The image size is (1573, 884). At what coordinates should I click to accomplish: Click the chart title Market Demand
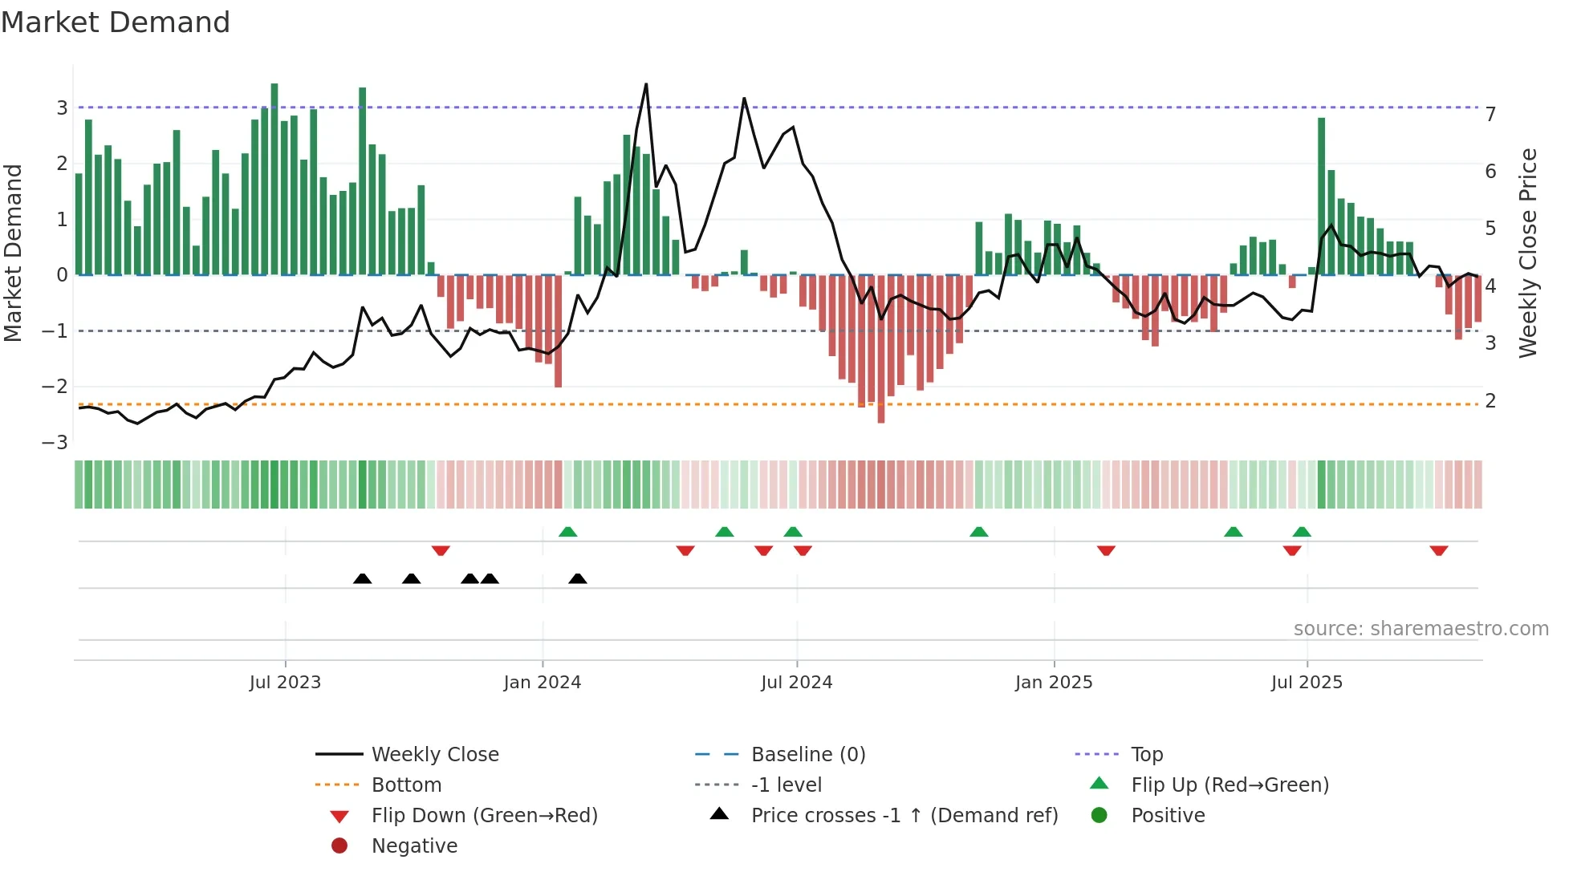pyautogui.click(x=116, y=22)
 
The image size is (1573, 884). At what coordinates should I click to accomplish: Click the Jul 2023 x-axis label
pyautogui.click(x=285, y=683)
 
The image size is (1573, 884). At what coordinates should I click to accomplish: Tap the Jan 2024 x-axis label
pyautogui.click(x=542, y=683)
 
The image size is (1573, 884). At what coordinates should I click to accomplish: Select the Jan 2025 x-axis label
pyautogui.click(x=1053, y=683)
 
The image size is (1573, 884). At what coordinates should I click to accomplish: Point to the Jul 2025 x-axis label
pyautogui.click(x=1307, y=683)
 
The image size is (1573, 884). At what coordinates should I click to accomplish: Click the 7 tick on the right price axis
pyautogui.click(x=1490, y=115)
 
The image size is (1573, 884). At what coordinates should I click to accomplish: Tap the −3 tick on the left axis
pyautogui.click(x=55, y=442)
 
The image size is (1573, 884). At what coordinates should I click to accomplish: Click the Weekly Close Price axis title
pyautogui.click(x=1528, y=253)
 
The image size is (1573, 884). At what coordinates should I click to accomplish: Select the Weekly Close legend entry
pyautogui.click(x=434, y=755)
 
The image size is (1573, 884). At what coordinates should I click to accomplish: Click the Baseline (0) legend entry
pyautogui.click(x=807, y=755)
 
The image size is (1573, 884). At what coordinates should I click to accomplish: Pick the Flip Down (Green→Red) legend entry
pyautogui.click(x=484, y=816)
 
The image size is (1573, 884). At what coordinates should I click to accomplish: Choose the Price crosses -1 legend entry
pyautogui.click(x=904, y=816)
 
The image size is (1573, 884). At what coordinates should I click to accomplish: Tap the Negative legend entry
pyautogui.click(x=414, y=846)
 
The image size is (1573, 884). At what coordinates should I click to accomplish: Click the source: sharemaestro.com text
pyautogui.click(x=1421, y=629)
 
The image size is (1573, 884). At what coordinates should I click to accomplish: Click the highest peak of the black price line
pyautogui.click(x=646, y=85)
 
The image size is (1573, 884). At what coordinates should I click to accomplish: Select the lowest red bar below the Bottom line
pyautogui.click(x=881, y=417)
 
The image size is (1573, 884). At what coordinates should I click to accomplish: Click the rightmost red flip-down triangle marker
pyautogui.click(x=1438, y=550)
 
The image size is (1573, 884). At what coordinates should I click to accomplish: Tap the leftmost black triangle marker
pyautogui.click(x=362, y=578)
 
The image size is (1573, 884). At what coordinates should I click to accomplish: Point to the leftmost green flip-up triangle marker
pyautogui.click(x=567, y=532)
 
